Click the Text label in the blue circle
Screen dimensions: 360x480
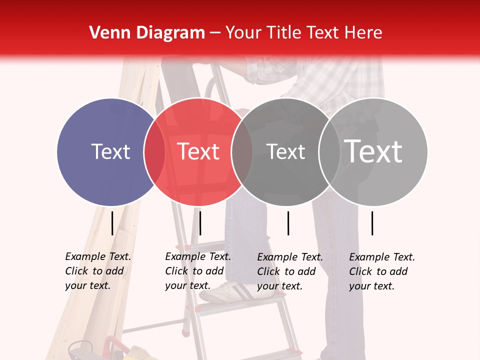point(110,151)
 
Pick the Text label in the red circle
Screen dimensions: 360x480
point(198,151)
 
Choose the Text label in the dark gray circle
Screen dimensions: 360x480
point(285,151)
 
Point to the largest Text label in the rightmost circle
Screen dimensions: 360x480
point(373,151)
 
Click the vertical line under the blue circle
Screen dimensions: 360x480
point(112,223)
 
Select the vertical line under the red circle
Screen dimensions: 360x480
point(200,223)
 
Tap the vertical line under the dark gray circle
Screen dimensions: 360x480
point(288,223)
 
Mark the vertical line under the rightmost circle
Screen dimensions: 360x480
point(372,223)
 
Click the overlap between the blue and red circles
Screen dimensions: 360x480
point(154,151)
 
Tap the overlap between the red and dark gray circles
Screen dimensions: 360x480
point(242,151)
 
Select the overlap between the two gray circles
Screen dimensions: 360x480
point(329,151)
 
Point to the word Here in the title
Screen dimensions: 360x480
point(364,33)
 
